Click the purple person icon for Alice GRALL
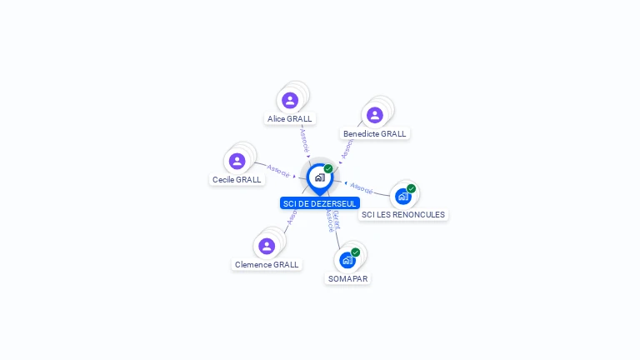(290, 101)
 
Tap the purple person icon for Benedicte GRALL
(375, 115)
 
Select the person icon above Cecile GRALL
(237, 161)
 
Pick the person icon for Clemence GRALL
(267, 246)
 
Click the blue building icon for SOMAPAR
(347, 260)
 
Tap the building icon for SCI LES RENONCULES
(403, 196)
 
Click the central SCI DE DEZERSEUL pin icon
(319, 177)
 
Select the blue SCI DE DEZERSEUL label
(320, 203)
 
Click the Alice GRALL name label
(290, 119)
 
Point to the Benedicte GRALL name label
(375, 133)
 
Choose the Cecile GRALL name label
(237, 179)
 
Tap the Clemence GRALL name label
(267, 264)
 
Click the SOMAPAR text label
(347, 278)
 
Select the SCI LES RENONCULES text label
(403, 214)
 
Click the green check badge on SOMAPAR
(356, 252)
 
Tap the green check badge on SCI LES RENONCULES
(411, 188)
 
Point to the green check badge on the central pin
(328, 168)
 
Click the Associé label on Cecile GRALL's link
(278, 172)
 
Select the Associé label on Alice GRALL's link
(305, 139)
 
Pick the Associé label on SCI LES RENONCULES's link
(362, 187)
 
